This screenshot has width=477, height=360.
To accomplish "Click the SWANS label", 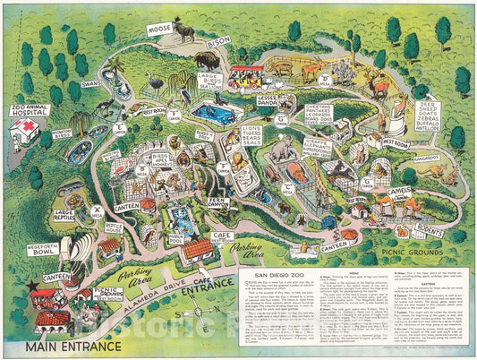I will (x=93, y=82).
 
